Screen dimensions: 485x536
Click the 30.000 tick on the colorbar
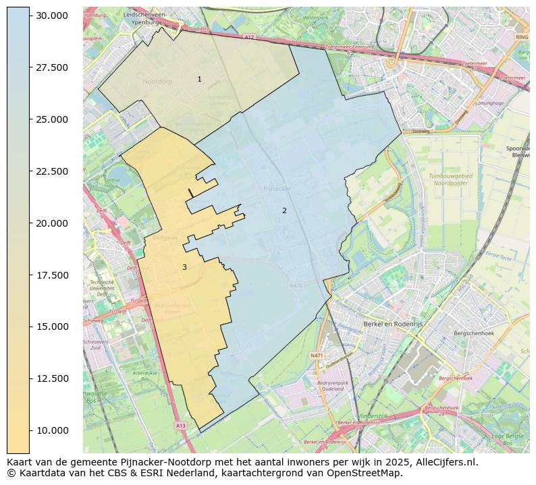[53, 16]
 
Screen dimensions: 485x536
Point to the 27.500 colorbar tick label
[53, 67]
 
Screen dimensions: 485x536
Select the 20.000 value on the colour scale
[53, 223]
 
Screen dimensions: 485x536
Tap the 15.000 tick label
[53, 326]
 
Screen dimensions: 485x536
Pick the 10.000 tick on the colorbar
[53, 430]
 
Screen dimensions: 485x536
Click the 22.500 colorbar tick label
[53, 171]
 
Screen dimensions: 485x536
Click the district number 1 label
[199, 80]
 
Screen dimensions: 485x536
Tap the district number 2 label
[284, 210]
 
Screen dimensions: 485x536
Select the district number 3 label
[184, 267]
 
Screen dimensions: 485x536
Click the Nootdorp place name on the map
[157, 81]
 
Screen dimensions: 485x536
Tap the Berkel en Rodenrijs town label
[392, 324]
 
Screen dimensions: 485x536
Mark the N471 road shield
[316, 355]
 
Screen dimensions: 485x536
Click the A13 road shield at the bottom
[180, 426]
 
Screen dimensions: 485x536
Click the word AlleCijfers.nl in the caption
[439, 462]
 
